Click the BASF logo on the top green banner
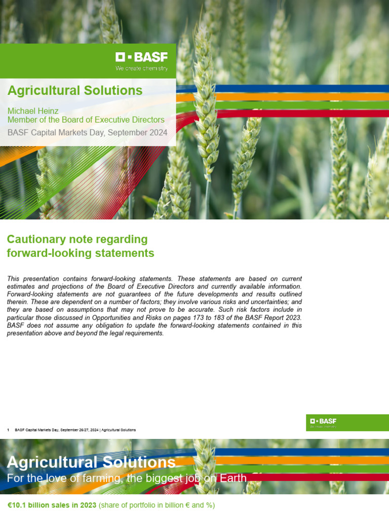click(x=141, y=57)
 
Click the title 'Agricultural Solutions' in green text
click(x=74, y=90)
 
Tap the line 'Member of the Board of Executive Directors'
click(x=86, y=120)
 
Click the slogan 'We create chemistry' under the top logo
click(x=141, y=68)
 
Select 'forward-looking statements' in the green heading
click(x=81, y=253)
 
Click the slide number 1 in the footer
click(x=9, y=430)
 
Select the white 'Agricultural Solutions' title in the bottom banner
click(x=91, y=462)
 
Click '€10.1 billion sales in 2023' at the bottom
click(x=52, y=505)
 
